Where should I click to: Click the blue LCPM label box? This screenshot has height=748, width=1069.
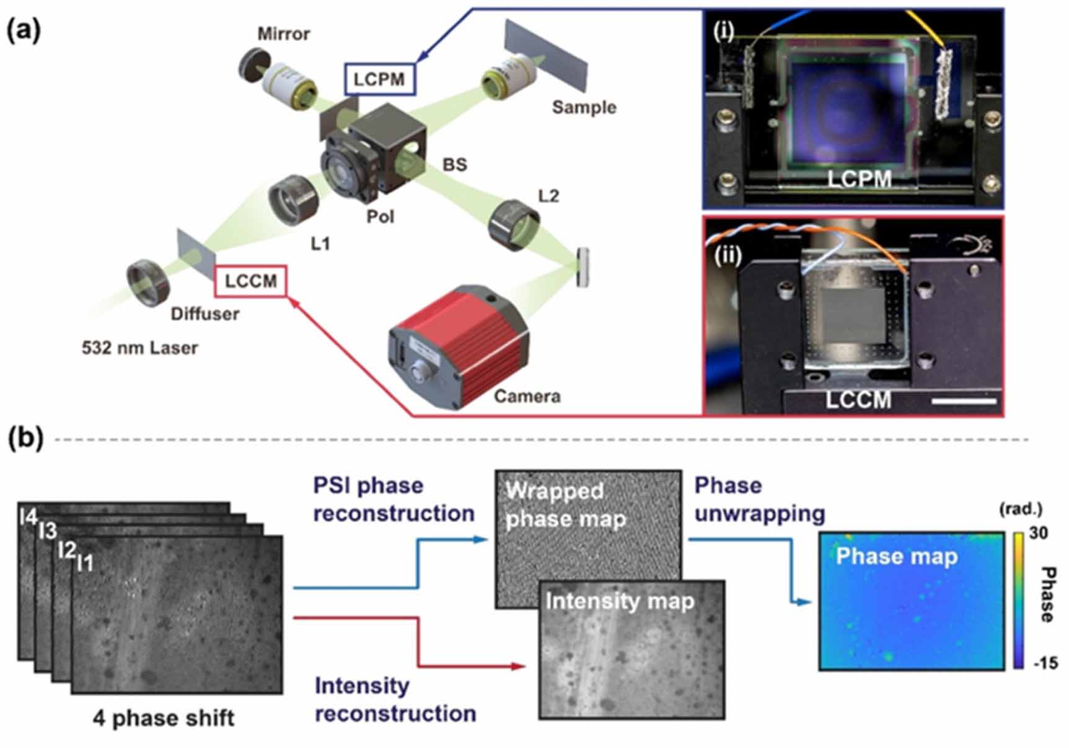tap(379, 79)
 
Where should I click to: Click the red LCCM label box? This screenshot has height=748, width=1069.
tap(250, 281)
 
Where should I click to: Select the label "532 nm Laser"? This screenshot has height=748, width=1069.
tap(139, 348)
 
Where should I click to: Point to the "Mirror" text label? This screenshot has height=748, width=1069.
tap(283, 33)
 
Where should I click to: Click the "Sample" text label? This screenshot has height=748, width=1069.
tap(584, 107)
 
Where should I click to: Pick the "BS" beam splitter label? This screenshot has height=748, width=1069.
tap(454, 165)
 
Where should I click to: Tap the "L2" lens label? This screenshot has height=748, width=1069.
tap(548, 196)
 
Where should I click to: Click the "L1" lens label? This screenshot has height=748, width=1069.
tap(320, 244)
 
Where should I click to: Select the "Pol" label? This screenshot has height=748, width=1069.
tap(380, 216)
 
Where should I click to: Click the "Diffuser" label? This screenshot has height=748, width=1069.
tap(205, 314)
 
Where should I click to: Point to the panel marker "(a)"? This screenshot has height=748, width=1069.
tap(24, 30)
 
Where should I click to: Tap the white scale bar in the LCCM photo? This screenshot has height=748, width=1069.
tap(963, 402)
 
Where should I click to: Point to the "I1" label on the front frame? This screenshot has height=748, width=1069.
tap(85, 563)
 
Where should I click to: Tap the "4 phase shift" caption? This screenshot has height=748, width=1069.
tap(164, 718)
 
